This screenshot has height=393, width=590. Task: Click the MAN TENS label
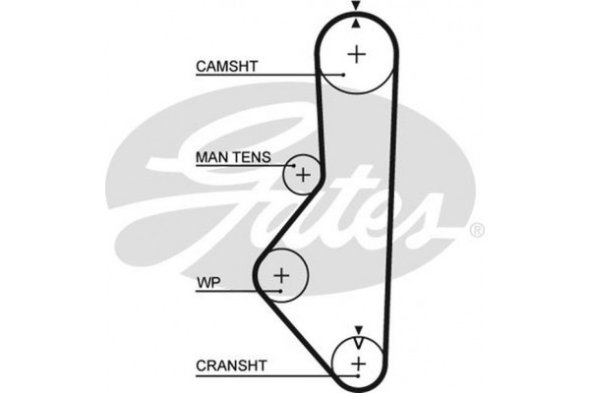(233, 156)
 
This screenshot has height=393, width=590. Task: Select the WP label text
(207, 283)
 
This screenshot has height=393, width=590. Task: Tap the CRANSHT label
(231, 365)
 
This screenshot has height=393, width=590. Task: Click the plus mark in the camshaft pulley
(356, 53)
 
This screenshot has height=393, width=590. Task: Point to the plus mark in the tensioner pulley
(304, 176)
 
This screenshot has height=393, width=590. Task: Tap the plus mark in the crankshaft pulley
(358, 365)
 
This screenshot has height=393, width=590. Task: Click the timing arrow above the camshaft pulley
(355, 8)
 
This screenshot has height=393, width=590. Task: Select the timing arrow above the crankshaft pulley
(358, 329)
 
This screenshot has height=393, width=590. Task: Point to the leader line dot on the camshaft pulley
(343, 75)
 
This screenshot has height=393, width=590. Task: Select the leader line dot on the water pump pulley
(279, 292)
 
